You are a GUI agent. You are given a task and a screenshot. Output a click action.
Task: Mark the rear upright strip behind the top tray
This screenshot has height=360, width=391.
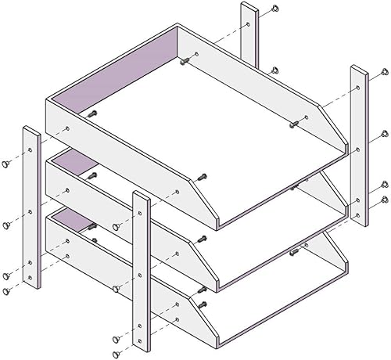[249, 35]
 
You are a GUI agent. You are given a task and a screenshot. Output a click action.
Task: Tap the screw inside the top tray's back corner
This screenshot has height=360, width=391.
[185, 61]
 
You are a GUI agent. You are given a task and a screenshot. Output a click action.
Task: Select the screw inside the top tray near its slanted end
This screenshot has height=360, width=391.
[295, 123]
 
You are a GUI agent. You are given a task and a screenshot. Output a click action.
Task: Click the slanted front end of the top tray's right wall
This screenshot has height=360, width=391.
[332, 125]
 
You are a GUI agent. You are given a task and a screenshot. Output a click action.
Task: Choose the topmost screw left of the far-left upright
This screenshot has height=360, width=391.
[5, 164]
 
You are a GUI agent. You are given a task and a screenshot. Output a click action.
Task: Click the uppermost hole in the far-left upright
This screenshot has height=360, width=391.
[30, 147]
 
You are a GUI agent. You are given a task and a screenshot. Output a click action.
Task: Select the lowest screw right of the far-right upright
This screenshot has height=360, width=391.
[383, 200]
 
